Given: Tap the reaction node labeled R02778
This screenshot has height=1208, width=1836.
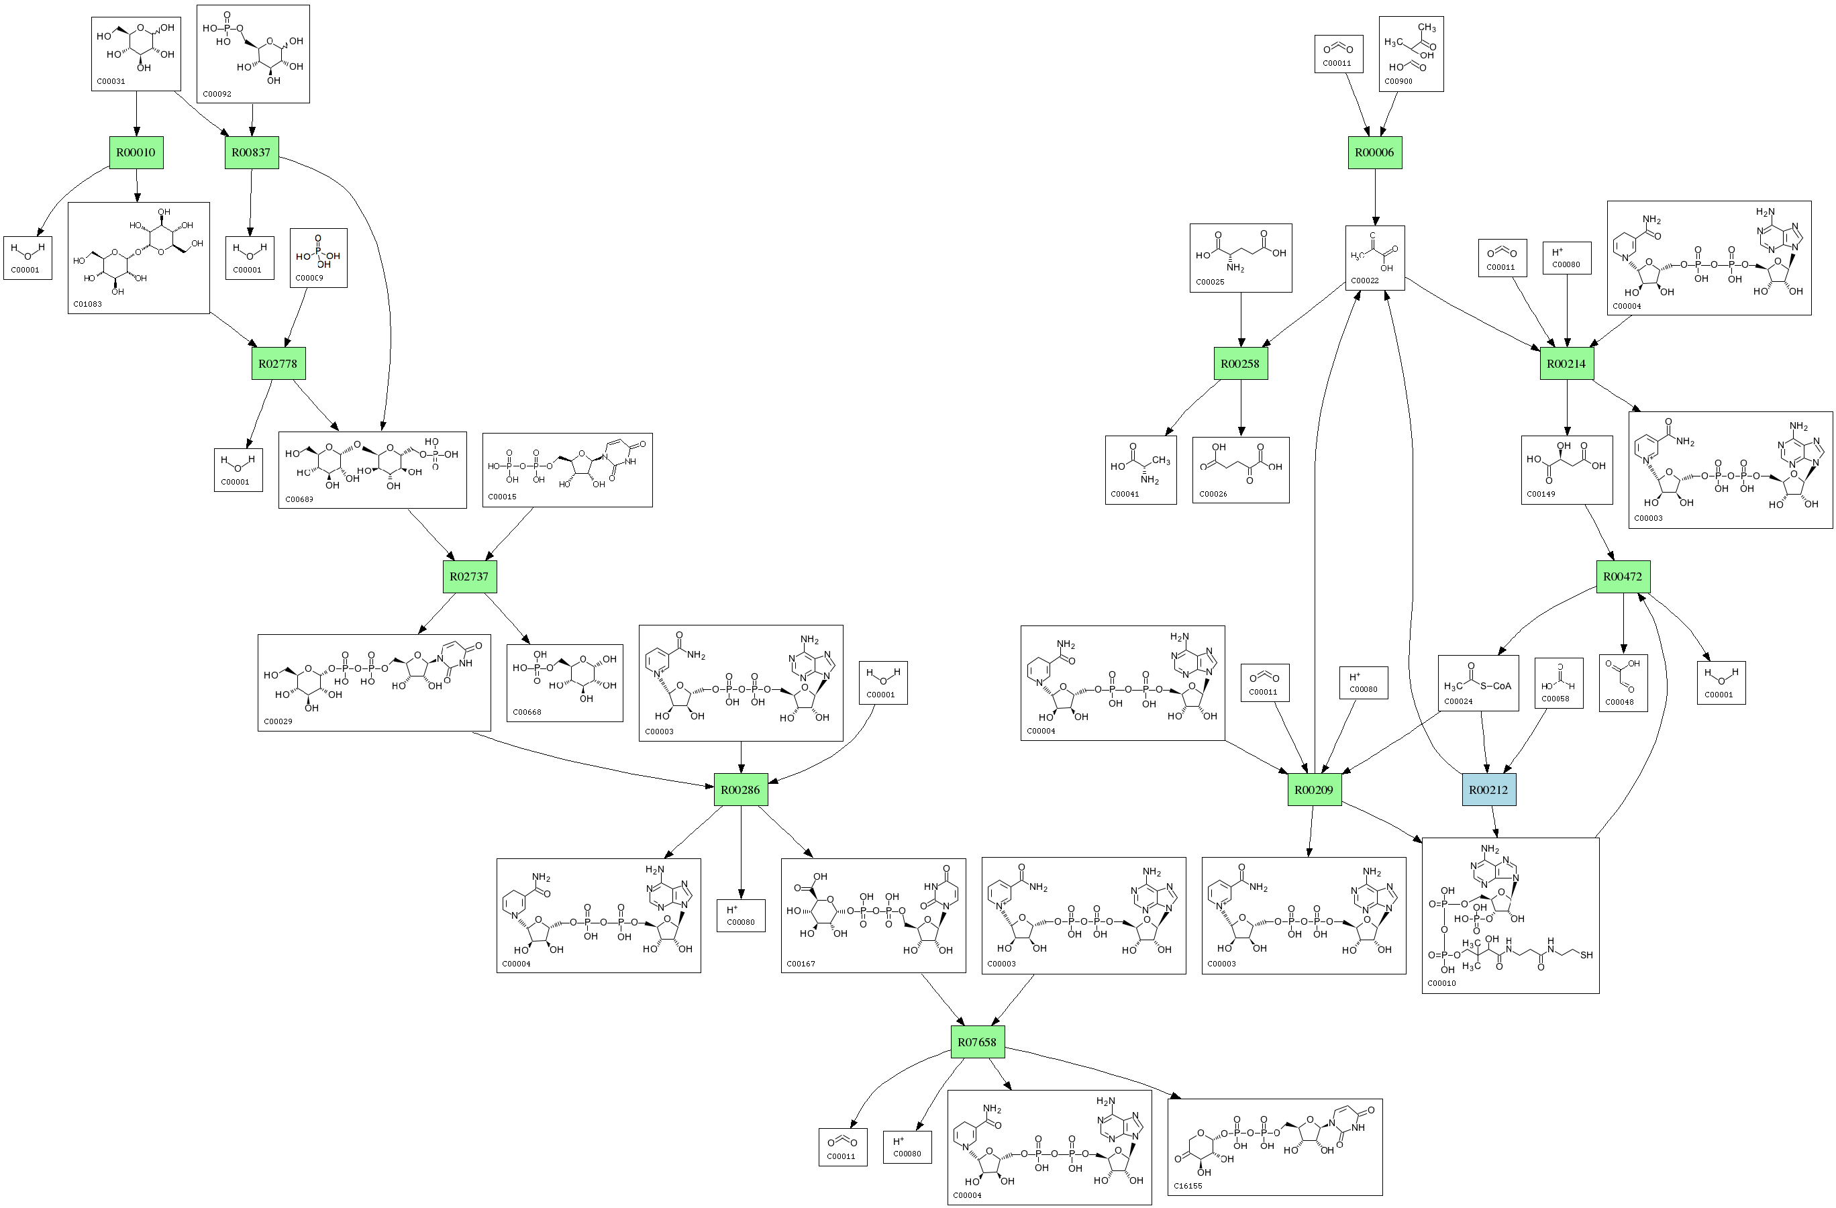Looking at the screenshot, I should pyautogui.click(x=278, y=363).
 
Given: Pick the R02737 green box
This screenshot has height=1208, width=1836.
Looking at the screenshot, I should pyautogui.click(x=469, y=576).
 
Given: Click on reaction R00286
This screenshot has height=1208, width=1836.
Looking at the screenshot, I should pyautogui.click(x=741, y=790).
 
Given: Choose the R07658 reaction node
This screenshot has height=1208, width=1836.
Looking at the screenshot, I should pyautogui.click(x=976, y=1042).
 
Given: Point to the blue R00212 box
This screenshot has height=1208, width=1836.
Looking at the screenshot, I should pyautogui.click(x=1488, y=790).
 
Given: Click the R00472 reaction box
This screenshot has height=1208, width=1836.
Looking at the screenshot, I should pyautogui.click(x=1623, y=576).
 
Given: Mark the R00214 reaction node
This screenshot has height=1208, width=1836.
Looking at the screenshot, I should pyautogui.click(x=1566, y=363).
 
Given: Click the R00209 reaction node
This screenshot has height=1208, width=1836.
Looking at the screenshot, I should pyautogui.click(x=1314, y=790).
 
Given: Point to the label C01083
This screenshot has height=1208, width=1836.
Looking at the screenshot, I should pyautogui.click(x=87, y=304).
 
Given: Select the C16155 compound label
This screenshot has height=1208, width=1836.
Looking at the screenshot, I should pyautogui.click(x=1188, y=1186).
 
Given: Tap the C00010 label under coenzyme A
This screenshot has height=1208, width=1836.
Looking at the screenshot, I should pyautogui.click(x=1441, y=984).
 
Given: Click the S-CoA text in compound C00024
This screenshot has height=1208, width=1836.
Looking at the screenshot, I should pyautogui.click(x=1496, y=686).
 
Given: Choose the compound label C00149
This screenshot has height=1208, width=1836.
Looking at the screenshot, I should pyautogui.click(x=1541, y=494).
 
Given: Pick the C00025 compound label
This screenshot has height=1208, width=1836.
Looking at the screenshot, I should pyautogui.click(x=1210, y=282).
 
